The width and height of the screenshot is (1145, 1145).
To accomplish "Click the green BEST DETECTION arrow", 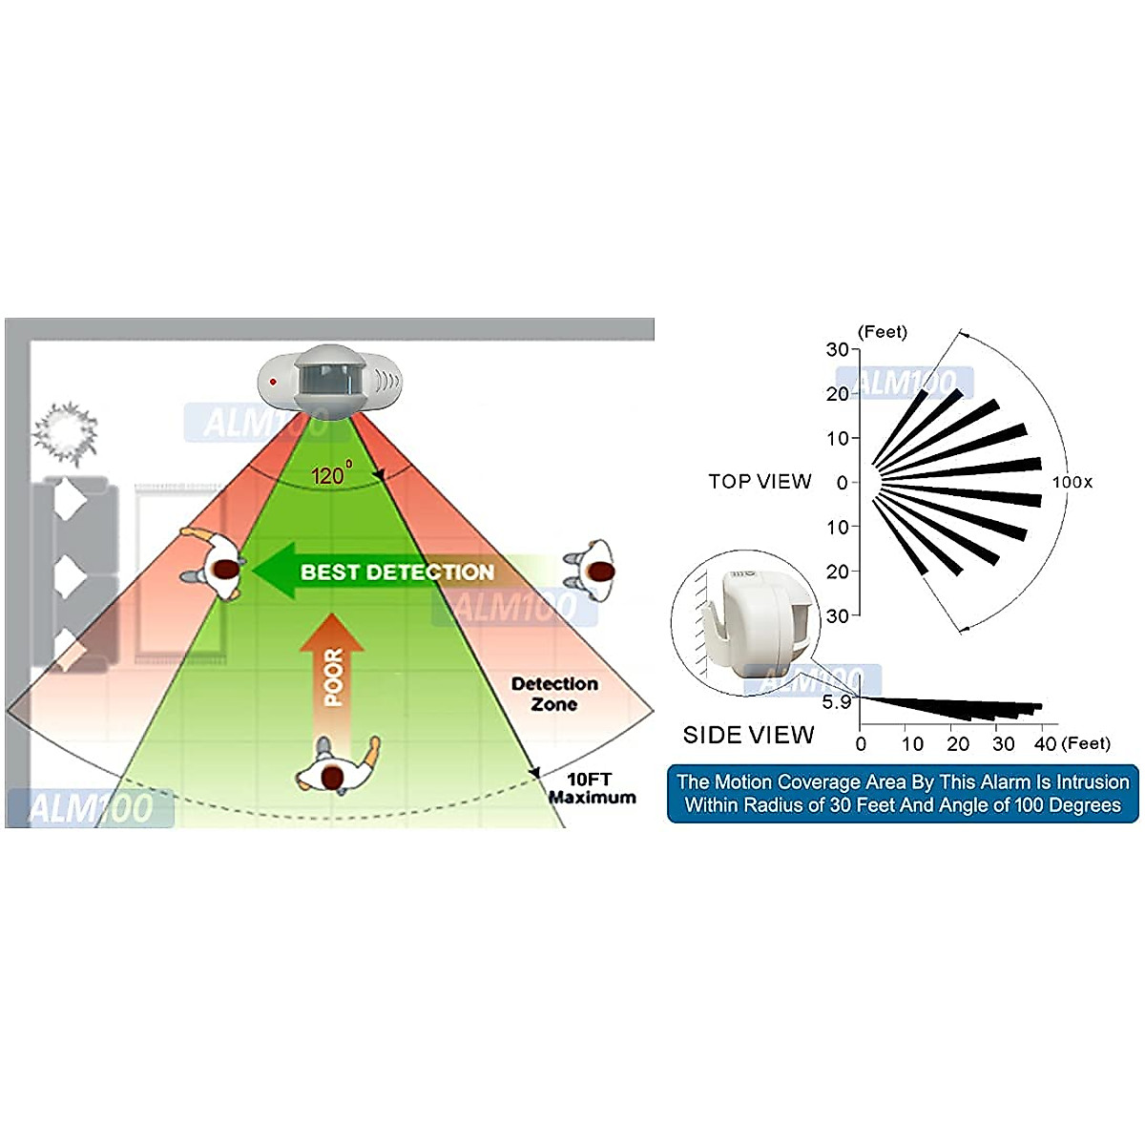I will [x=382, y=572].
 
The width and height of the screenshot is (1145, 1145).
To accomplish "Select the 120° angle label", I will [x=330, y=474].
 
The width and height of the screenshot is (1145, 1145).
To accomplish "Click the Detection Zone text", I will [x=554, y=694].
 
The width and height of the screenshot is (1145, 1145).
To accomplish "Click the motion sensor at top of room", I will [x=330, y=379].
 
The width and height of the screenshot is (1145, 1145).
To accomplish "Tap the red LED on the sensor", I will [x=273, y=382].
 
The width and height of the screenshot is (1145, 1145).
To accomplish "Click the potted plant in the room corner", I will [x=65, y=431].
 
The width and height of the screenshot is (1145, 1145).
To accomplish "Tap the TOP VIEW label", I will [x=760, y=482].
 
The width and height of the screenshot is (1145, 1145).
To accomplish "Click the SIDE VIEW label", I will [x=748, y=735].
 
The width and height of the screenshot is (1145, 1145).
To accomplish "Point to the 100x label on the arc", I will [x=1072, y=482].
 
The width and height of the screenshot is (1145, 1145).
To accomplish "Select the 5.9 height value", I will [x=836, y=702].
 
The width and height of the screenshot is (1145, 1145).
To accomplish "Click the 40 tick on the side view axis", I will [x=1046, y=744].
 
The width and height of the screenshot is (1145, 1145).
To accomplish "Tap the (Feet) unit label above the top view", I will [x=883, y=332].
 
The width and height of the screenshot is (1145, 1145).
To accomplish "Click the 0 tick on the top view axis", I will [x=842, y=483].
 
